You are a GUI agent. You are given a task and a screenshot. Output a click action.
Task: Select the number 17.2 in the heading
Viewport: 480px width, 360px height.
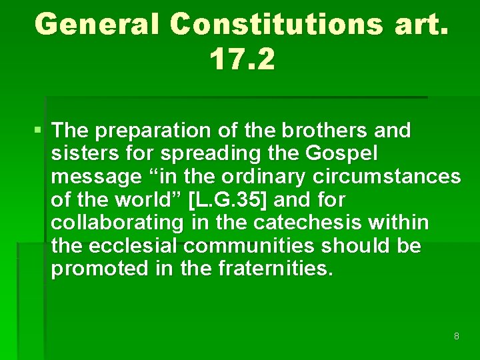point(241,59)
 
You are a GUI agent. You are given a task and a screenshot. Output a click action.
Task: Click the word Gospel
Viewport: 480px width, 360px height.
point(342,153)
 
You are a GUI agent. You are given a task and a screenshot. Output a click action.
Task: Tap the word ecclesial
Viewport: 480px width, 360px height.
point(134,246)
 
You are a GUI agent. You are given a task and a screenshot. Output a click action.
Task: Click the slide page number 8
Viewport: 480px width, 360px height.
point(456,336)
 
